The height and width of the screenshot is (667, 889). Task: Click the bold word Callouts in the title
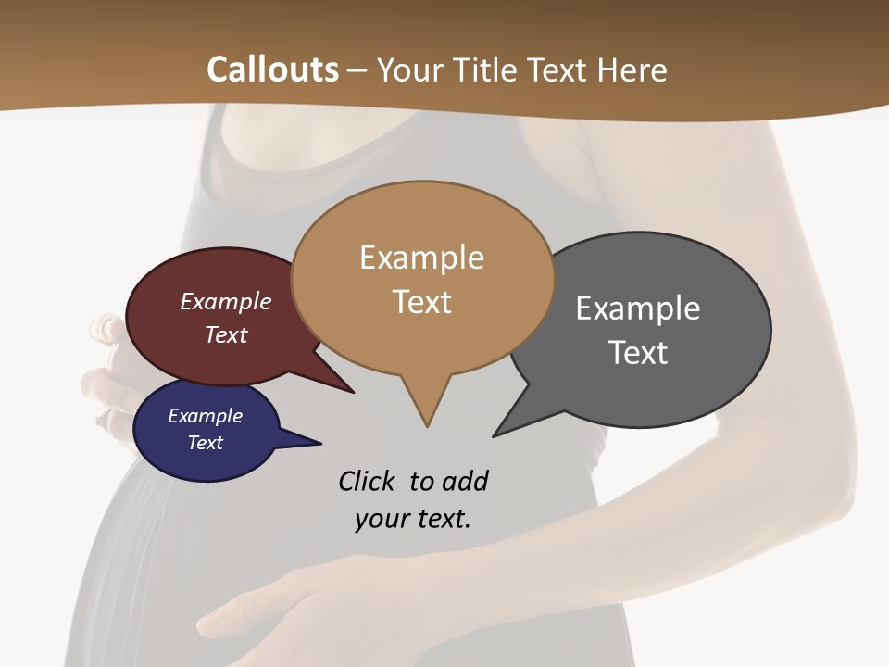(272, 69)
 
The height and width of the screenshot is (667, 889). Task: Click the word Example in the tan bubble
(421, 258)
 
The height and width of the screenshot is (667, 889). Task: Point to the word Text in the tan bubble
(421, 302)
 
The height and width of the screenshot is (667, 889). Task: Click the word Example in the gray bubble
(638, 308)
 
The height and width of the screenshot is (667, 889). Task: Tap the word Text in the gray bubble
(638, 353)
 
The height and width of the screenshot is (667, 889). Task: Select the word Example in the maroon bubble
(226, 301)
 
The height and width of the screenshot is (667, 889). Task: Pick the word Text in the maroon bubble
(226, 334)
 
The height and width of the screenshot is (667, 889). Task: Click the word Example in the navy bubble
(206, 416)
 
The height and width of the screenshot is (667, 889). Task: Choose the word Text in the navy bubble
(206, 443)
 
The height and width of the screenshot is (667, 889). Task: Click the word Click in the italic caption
(368, 482)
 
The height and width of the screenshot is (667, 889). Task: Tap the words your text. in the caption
(413, 519)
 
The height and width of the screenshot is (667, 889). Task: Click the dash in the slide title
(357, 69)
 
